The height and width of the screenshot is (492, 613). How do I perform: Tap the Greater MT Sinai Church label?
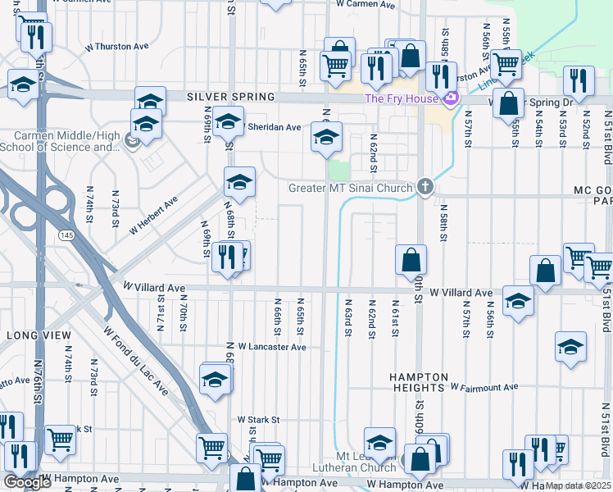tap(350, 189)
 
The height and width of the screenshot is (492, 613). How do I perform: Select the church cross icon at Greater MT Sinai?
tap(424, 187)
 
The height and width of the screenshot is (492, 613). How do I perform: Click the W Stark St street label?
tap(258, 419)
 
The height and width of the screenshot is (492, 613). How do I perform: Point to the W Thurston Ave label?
tap(120, 48)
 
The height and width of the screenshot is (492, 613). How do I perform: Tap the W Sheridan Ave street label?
tap(273, 127)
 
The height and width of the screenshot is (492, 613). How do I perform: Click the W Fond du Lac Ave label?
tap(136, 362)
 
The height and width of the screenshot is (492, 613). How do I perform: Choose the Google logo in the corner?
tap(27, 482)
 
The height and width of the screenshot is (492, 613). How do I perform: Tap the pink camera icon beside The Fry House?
tap(450, 99)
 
